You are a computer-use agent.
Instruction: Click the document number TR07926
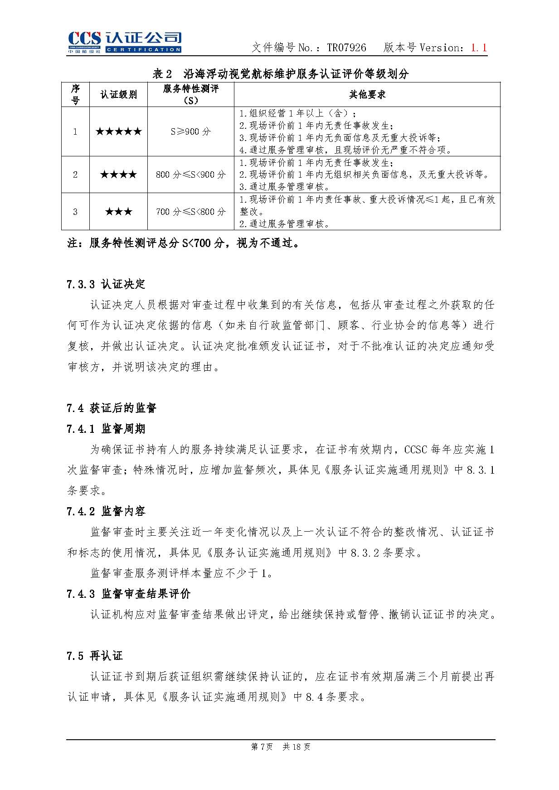(x=346, y=48)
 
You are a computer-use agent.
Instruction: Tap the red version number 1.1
(x=479, y=48)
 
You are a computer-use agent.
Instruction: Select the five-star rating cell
(x=118, y=132)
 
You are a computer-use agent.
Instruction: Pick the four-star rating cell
(x=118, y=174)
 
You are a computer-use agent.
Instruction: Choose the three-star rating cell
(x=118, y=212)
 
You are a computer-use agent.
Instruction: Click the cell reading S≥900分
(x=190, y=132)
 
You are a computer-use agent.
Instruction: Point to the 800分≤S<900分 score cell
(x=190, y=174)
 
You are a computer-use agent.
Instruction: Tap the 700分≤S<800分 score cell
(x=190, y=212)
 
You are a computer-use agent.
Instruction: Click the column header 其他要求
(x=367, y=95)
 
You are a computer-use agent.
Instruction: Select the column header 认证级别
(x=118, y=95)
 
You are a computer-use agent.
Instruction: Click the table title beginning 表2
(x=281, y=73)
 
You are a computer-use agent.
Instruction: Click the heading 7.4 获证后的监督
(x=111, y=408)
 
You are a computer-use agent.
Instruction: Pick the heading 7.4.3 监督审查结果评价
(x=128, y=594)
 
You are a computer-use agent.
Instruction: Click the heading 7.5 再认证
(x=94, y=655)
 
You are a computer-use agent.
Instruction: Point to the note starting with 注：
(x=184, y=243)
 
